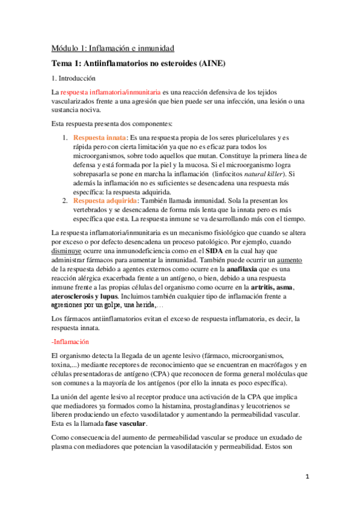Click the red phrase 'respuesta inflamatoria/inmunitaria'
[110, 93]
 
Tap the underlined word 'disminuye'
[68, 249]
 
